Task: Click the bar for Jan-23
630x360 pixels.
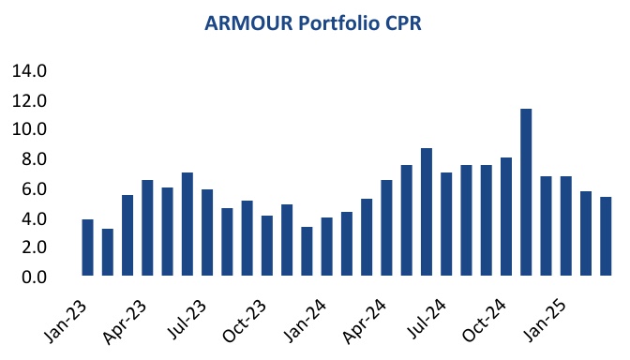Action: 87,247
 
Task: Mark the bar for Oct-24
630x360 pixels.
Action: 506,217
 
